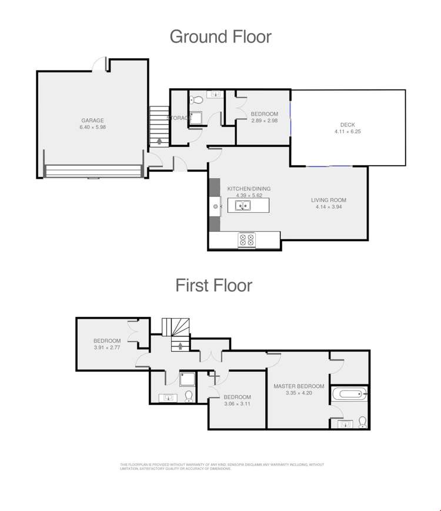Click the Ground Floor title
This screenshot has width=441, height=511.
pyautogui.click(x=220, y=36)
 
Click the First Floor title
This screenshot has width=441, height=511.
pyautogui.click(x=214, y=285)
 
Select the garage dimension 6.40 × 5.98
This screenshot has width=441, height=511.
pyautogui.click(x=92, y=128)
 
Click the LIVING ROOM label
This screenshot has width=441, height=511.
pyautogui.click(x=330, y=201)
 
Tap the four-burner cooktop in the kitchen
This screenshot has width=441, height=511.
pyautogui.click(x=246, y=239)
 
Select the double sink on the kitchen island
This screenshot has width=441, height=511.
pyautogui.click(x=243, y=206)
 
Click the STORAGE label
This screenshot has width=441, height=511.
pyautogui.click(x=179, y=118)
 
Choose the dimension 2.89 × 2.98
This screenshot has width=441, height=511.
pyautogui.click(x=264, y=121)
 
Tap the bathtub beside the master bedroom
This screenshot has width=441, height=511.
pyautogui.click(x=349, y=393)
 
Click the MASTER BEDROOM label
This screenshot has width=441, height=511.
pyautogui.click(x=299, y=386)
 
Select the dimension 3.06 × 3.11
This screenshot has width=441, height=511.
pyautogui.click(x=238, y=404)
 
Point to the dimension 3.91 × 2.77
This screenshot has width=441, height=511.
pyautogui.click(x=107, y=348)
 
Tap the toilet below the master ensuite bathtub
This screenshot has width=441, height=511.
pyautogui.click(x=362, y=421)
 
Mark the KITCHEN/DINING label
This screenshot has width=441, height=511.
pyautogui.click(x=248, y=189)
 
